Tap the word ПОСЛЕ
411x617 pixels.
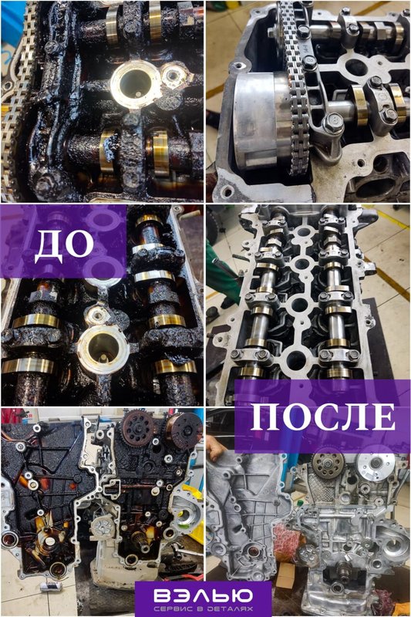click(x=322, y=417)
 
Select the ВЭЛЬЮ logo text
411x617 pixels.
click(x=203, y=595)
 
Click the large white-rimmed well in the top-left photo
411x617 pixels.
click(x=135, y=84)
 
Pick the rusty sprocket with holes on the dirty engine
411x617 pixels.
click(x=138, y=428)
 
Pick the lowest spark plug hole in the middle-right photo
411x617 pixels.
click(x=295, y=359)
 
